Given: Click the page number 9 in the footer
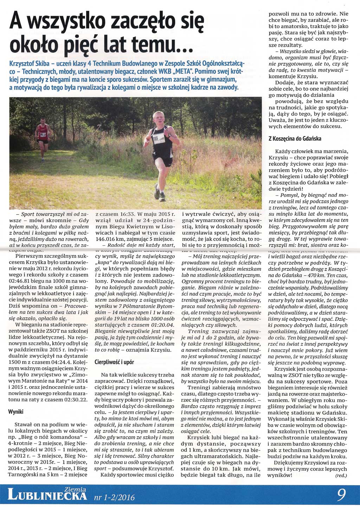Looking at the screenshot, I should (x=341, y=495).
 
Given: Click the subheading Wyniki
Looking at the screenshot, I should (x=15, y=412).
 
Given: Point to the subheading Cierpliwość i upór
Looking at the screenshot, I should (x=114, y=362).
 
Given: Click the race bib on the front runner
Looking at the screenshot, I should (x=159, y=138).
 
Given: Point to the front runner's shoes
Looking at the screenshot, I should (x=160, y=195).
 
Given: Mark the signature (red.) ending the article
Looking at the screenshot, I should (x=341, y=476).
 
